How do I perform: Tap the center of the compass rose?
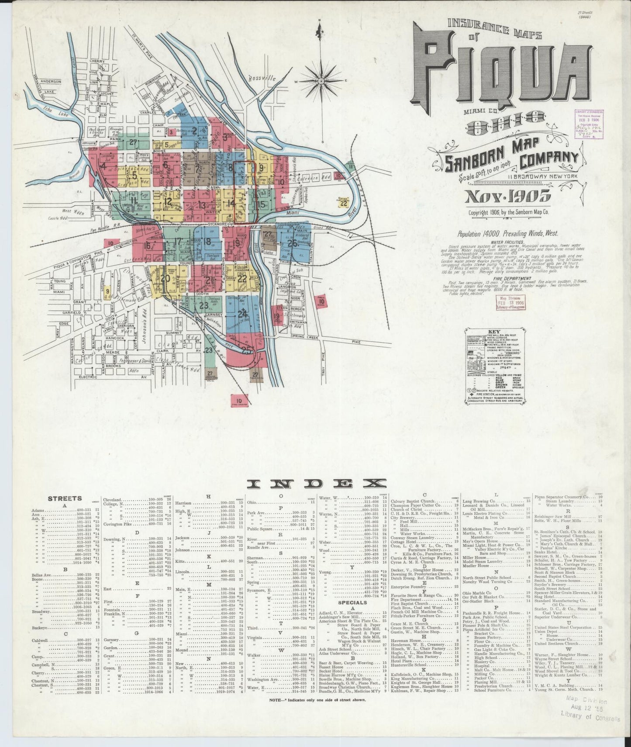(x=321, y=81)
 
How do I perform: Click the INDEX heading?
(x=317, y=483)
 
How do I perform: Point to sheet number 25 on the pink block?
(x=247, y=350)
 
